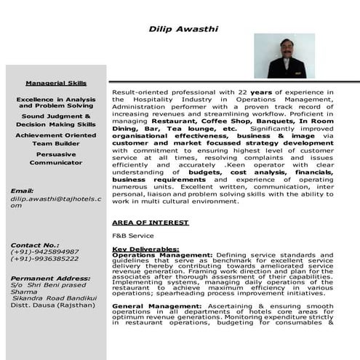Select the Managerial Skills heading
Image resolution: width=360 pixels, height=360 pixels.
pos(56,83)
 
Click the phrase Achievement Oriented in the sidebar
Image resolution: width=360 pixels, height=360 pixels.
pos(56,135)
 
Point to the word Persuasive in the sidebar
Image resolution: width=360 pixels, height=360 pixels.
pos(56,154)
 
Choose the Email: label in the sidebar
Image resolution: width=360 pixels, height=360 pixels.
pos(23,191)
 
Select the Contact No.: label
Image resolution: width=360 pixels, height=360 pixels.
pos(33,244)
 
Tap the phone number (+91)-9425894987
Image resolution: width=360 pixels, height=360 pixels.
pos(45,252)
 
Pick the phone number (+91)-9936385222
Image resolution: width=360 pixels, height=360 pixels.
pos(45,259)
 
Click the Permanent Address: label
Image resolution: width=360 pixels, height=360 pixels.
pos(49,279)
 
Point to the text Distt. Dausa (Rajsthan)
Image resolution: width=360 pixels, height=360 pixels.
pos(52,305)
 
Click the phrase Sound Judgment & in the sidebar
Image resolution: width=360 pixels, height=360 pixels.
pos(56,116)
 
